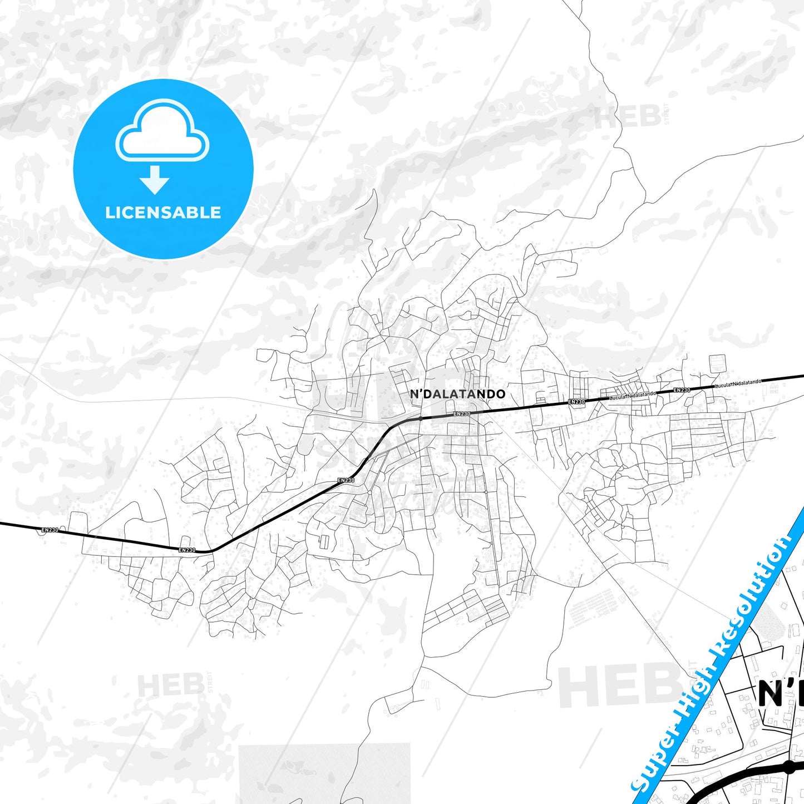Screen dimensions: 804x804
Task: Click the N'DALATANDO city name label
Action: click(x=457, y=394)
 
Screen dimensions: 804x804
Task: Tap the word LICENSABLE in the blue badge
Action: click(x=163, y=213)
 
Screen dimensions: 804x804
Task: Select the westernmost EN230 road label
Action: click(x=50, y=530)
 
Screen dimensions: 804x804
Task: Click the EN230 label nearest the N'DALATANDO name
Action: click(x=462, y=413)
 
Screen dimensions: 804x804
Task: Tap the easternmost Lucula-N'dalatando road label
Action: click(x=738, y=384)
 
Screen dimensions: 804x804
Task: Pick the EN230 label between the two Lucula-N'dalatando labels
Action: click(x=682, y=390)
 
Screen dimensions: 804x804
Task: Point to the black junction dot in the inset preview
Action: click(x=788, y=767)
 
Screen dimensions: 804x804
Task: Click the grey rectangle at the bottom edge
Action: click(x=324, y=773)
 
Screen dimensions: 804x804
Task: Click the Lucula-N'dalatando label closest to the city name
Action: click(x=633, y=396)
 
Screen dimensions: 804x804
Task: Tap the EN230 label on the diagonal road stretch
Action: click(x=346, y=480)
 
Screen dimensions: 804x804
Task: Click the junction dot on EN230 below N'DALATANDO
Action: click(x=421, y=417)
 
